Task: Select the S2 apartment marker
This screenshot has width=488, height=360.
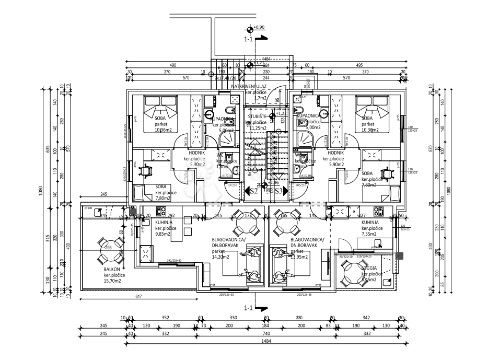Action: click(254, 191)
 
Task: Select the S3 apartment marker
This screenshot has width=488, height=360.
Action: click(279, 191)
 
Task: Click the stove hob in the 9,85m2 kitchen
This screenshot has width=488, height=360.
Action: click(161, 212)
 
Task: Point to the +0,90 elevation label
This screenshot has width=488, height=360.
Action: click(259, 27)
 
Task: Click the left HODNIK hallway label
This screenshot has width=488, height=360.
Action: click(196, 153)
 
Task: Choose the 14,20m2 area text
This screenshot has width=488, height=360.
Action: click(220, 257)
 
